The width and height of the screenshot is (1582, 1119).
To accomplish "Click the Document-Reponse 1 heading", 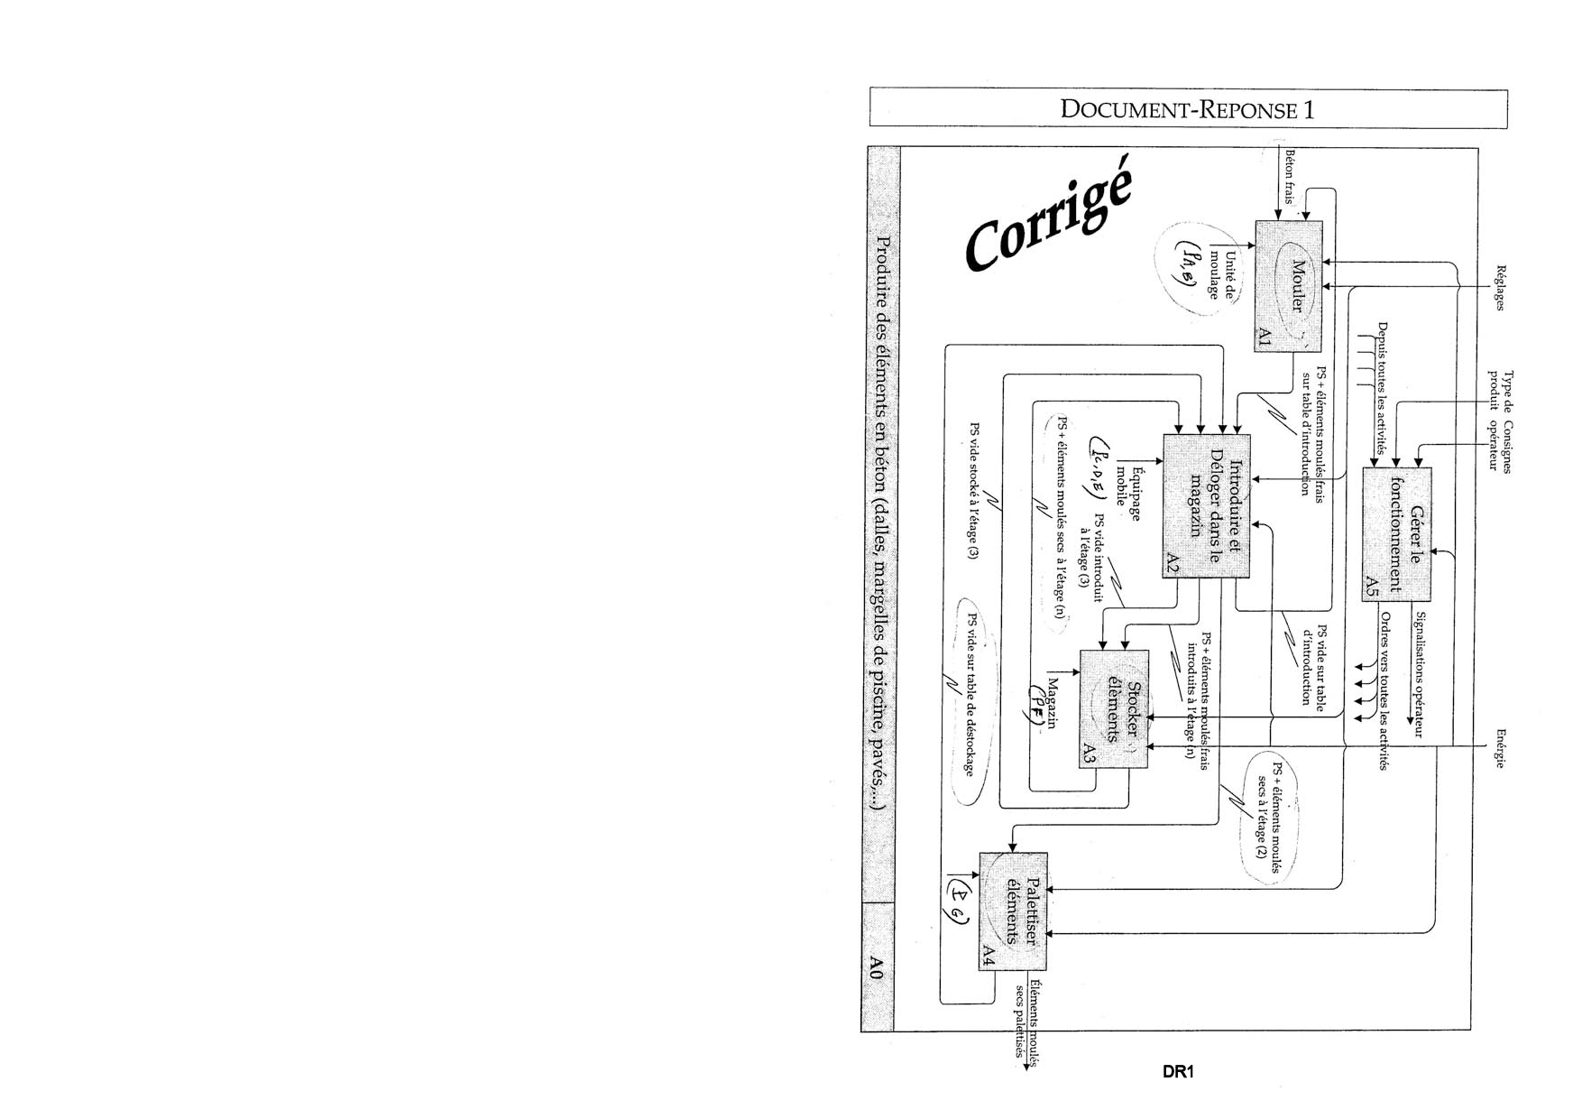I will [x=1187, y=109].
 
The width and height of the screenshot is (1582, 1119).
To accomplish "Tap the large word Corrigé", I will [x=1049, y=222].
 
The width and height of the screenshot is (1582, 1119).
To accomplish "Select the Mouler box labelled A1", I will [x=1288, y=286].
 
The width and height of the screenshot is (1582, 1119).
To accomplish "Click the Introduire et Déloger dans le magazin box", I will [x=1206, y=505].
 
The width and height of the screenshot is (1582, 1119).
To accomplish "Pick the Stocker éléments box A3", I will [x=1114, y=709].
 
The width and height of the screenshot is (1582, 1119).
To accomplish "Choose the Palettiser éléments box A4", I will [x=1014, y=911].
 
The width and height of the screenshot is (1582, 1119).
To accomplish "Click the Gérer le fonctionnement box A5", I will [x=1396, y=534].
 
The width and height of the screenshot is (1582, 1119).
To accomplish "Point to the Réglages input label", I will [x=1500, y=287].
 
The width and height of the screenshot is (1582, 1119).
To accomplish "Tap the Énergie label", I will [x=1500, y=748].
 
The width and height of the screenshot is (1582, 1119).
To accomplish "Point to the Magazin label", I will [x=1051, y=702].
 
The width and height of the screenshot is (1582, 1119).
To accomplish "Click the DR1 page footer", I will [x=1178, y=1072].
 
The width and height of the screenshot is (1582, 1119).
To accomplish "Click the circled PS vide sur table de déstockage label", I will [x=972, y=695].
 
